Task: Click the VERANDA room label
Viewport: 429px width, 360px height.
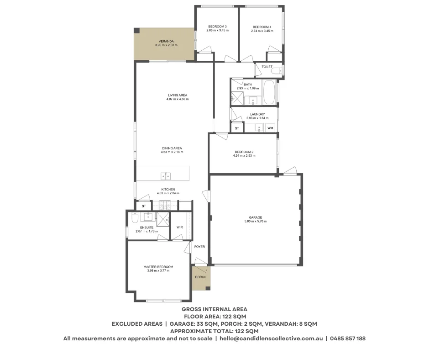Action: tap(165, 41)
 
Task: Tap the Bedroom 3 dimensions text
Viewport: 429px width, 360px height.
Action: tap(217, 31)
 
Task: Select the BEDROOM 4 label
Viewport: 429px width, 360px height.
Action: tap(262, 27)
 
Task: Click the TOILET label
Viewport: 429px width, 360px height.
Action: tap(267, 67)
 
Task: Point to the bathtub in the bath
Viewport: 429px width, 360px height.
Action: tap(270, 92)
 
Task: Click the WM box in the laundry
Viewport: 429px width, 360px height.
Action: tap(270, 128)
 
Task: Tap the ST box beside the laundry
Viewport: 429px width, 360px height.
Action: tap(237, 128)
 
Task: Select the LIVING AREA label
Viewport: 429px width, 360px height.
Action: tap(177, 95)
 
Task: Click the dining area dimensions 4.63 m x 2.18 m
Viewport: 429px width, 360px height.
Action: tap(172, 152)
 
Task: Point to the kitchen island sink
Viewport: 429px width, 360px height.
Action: tap(166, 175)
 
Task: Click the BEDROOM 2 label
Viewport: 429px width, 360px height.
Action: tap(244, 152)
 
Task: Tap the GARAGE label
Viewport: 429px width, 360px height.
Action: tap(255, 217)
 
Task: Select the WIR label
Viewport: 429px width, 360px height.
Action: tap(179, 227)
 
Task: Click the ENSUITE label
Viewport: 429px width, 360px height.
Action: tap(146, 227)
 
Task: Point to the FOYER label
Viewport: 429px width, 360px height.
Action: tap(199, 247)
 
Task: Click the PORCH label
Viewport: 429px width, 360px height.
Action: tap(200, 277)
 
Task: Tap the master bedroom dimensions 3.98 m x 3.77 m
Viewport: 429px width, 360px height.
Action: tap(158, 270)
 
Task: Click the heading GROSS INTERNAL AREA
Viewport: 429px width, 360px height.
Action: tap(214, 309)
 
